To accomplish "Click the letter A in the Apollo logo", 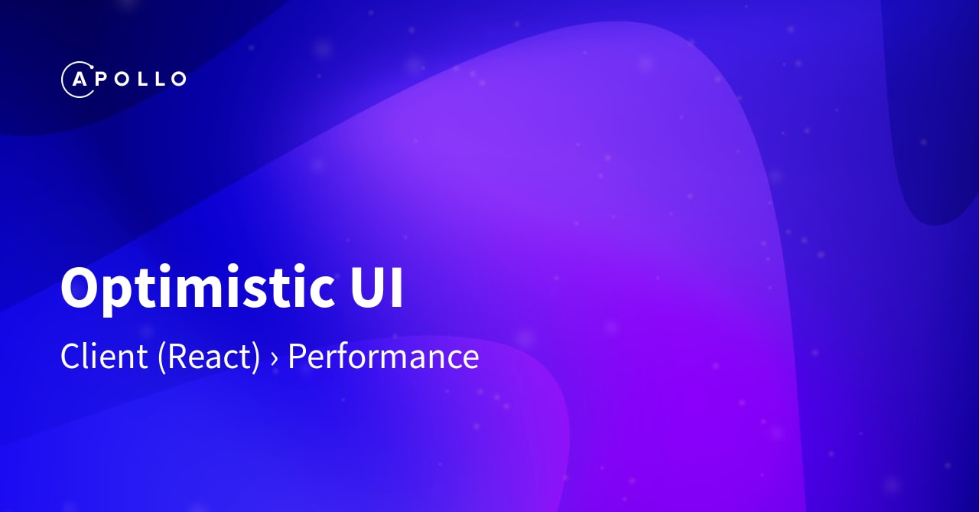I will click(x=77, y=79).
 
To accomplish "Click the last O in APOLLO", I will click(x=177, y=79).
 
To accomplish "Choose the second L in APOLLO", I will click(x=158, y=79).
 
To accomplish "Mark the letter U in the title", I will click(x=363, y=288).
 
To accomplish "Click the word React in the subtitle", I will click(x=209, y=357).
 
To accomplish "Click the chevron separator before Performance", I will click(x=274, y=359).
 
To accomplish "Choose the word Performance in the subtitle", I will click(x=383, y=357).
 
